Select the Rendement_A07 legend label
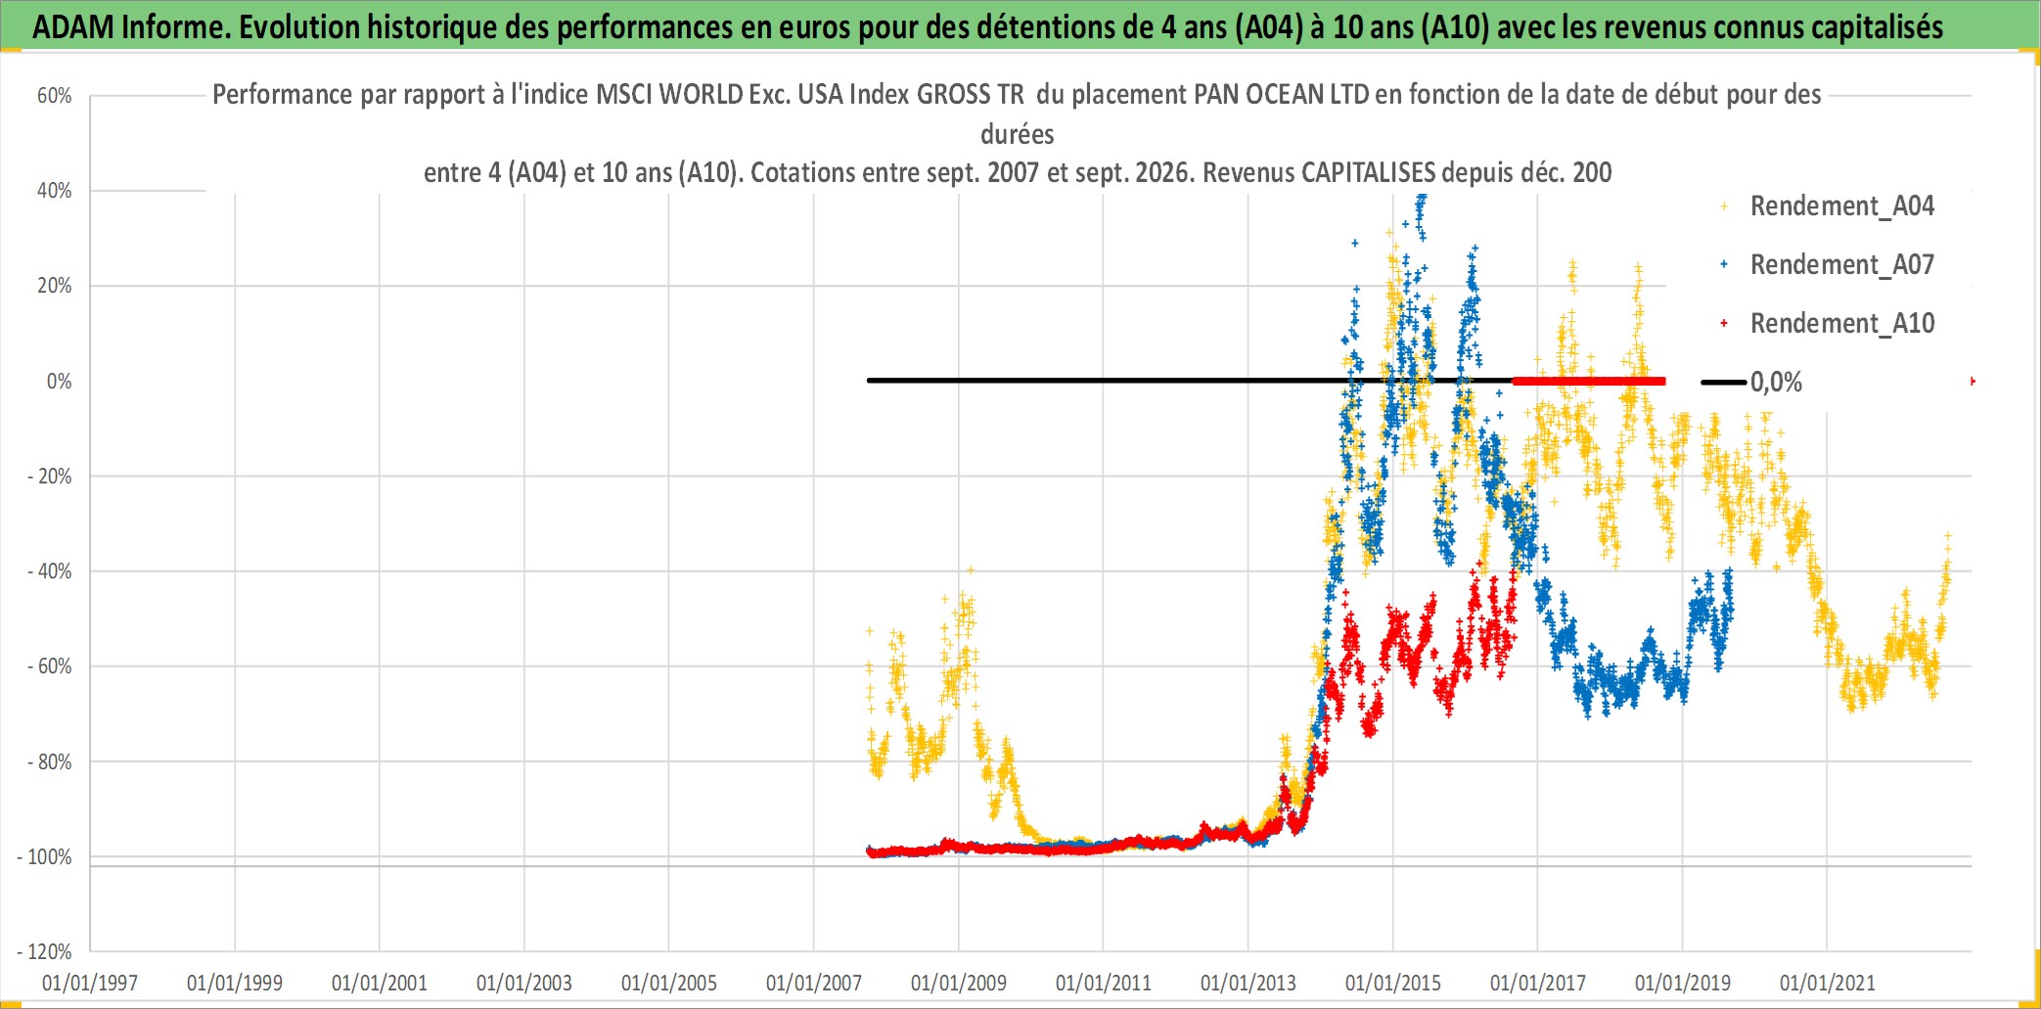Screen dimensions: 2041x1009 tap(1841, 265)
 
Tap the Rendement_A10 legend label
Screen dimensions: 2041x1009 tap(1841, 324)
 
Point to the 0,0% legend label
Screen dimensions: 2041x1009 tap(1776, 382)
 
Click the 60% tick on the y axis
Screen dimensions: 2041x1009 tap(55, 96)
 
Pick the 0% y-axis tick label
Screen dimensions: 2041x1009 tap(60, 382)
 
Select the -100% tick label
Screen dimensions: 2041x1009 tap(45, 857)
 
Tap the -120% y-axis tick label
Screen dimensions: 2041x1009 tap(45, 952)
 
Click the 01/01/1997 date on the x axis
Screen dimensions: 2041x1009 tap(90, 983)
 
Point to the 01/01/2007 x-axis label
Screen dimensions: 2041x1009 tap(814, 983)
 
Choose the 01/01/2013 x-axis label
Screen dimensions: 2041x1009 tap(1248, 983)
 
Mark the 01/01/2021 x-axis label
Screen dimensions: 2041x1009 tap(1828, 983)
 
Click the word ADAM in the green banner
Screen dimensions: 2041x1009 tap(73, 27)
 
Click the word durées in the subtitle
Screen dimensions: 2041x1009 tap(1018, 134)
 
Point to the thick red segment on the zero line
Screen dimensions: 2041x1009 tap(1589, 381)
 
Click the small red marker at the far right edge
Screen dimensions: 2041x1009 tap(1973, 381)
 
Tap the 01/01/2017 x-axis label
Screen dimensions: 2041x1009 tap(1538, 983)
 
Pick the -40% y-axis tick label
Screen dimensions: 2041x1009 tap(50, 572)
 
